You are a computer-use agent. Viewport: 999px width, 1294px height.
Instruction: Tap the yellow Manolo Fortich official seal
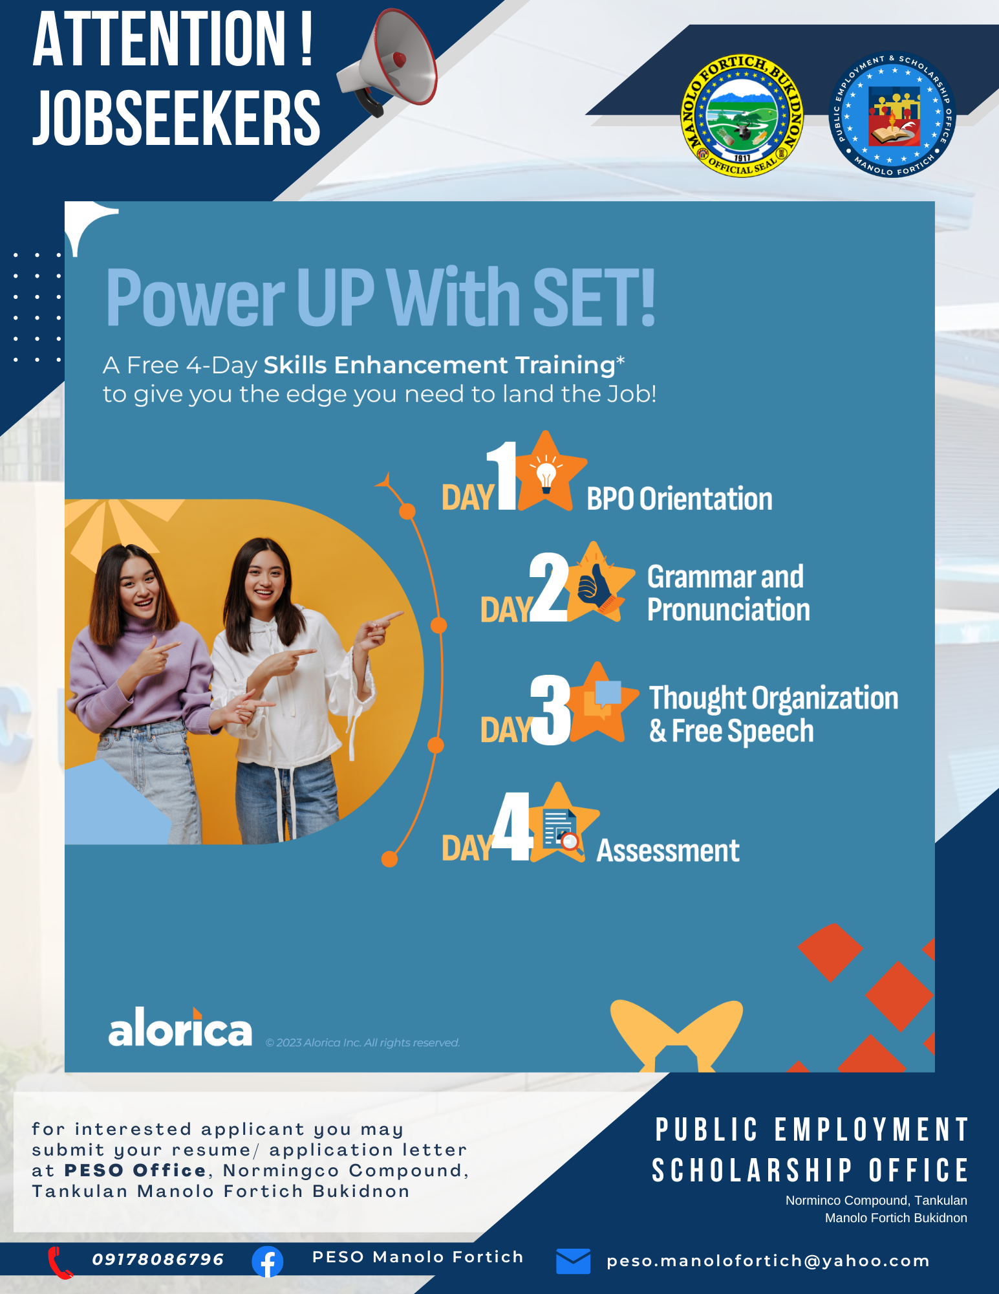pos(742,115)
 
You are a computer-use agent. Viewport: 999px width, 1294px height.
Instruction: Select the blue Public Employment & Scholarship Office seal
pos(892,114)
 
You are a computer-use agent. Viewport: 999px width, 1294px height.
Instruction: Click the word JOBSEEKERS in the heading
pos(177,117)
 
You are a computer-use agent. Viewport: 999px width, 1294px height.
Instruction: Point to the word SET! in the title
pos(594,298)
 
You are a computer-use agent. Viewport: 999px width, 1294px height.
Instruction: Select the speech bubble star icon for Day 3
pos(601,703)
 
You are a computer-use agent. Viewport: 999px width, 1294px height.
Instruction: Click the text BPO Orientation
pos(680,499)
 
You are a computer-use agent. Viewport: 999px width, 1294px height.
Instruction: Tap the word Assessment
pos(668,851)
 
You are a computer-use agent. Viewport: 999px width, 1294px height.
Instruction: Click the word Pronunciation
pos(729,610)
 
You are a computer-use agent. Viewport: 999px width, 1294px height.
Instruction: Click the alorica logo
pos(180,1027)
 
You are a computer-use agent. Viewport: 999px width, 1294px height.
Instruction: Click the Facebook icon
pos(268,1262)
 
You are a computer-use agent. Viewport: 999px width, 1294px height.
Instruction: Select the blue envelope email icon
pos(573,1261)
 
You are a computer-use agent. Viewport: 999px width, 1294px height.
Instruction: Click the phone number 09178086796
pos(158,1259)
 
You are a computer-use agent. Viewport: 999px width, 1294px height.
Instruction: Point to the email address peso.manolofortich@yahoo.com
pos(768,1261)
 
